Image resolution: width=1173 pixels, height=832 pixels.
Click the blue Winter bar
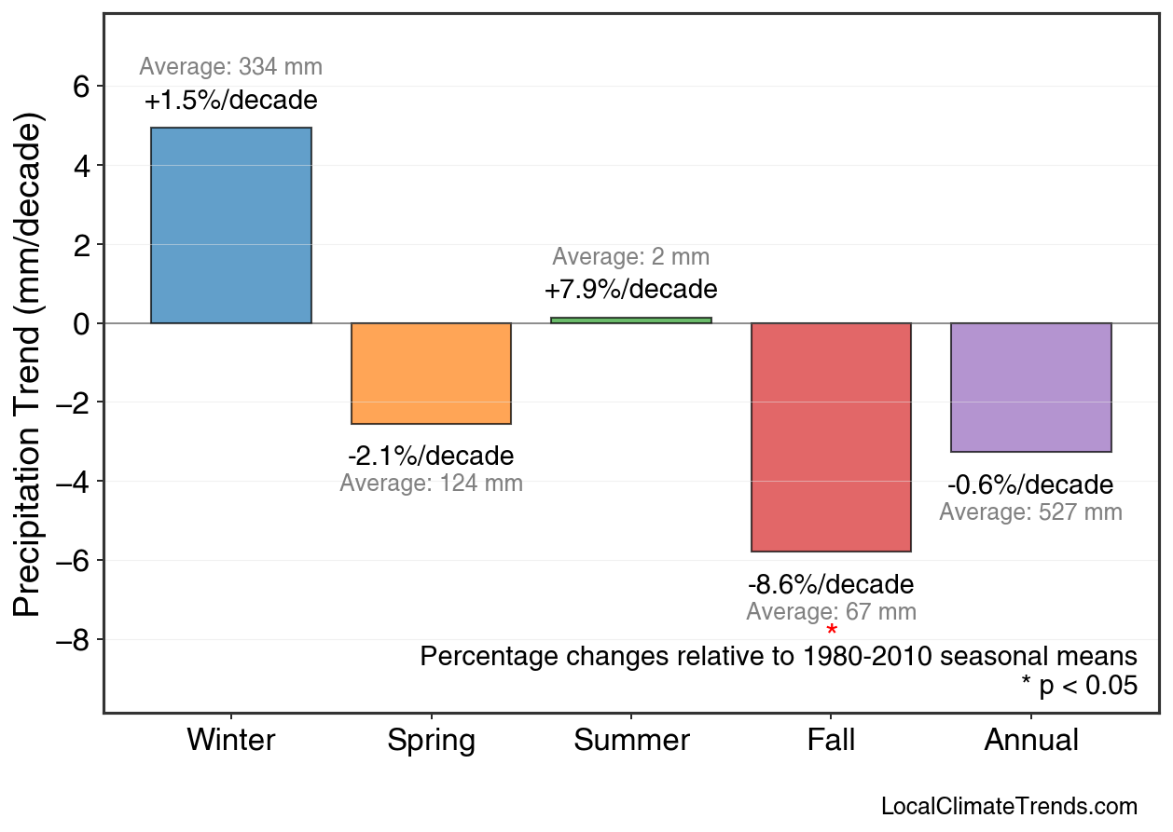[231, 225]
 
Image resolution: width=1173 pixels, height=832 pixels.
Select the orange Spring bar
[431, 374]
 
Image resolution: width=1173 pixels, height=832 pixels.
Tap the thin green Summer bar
[631, 321]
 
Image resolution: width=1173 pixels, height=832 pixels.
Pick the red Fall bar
[831, 437]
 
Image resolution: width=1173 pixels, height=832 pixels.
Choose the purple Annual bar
[1030, 388]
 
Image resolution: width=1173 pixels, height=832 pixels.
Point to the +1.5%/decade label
[231, 101]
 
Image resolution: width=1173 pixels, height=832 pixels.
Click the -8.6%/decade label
[831, 585]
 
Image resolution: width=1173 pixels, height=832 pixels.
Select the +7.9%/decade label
[631, 290]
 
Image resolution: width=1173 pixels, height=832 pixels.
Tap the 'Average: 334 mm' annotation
[231, 67]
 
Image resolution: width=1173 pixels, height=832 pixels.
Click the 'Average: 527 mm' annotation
[1030, 512]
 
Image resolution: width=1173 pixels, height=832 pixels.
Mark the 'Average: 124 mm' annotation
[431, 484]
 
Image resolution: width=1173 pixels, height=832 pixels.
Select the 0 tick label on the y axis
[80, 323]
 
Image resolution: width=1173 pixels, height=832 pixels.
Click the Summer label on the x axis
[631, 741]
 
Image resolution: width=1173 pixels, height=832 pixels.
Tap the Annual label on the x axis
[1030, 741]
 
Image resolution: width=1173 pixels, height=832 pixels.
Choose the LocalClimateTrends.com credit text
[1009, 807]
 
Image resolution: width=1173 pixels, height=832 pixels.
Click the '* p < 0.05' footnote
[1079, 686]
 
